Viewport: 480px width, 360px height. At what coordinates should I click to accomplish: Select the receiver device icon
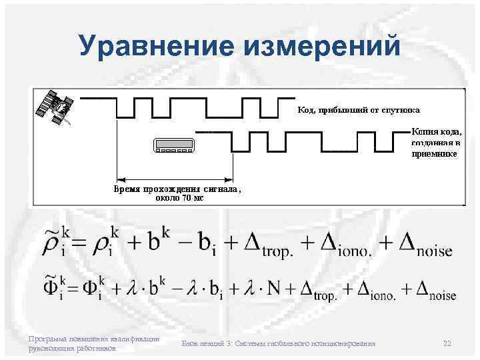[175, 146]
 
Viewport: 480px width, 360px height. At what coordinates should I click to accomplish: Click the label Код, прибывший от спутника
[353, 109]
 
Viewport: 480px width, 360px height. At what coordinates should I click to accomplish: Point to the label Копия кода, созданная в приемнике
[435, 143]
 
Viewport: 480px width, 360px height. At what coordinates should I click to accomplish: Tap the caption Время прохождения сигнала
[175, 189]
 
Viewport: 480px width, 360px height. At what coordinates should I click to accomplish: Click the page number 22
[447, 343]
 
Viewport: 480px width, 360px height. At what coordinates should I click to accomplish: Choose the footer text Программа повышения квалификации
[93, 339]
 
